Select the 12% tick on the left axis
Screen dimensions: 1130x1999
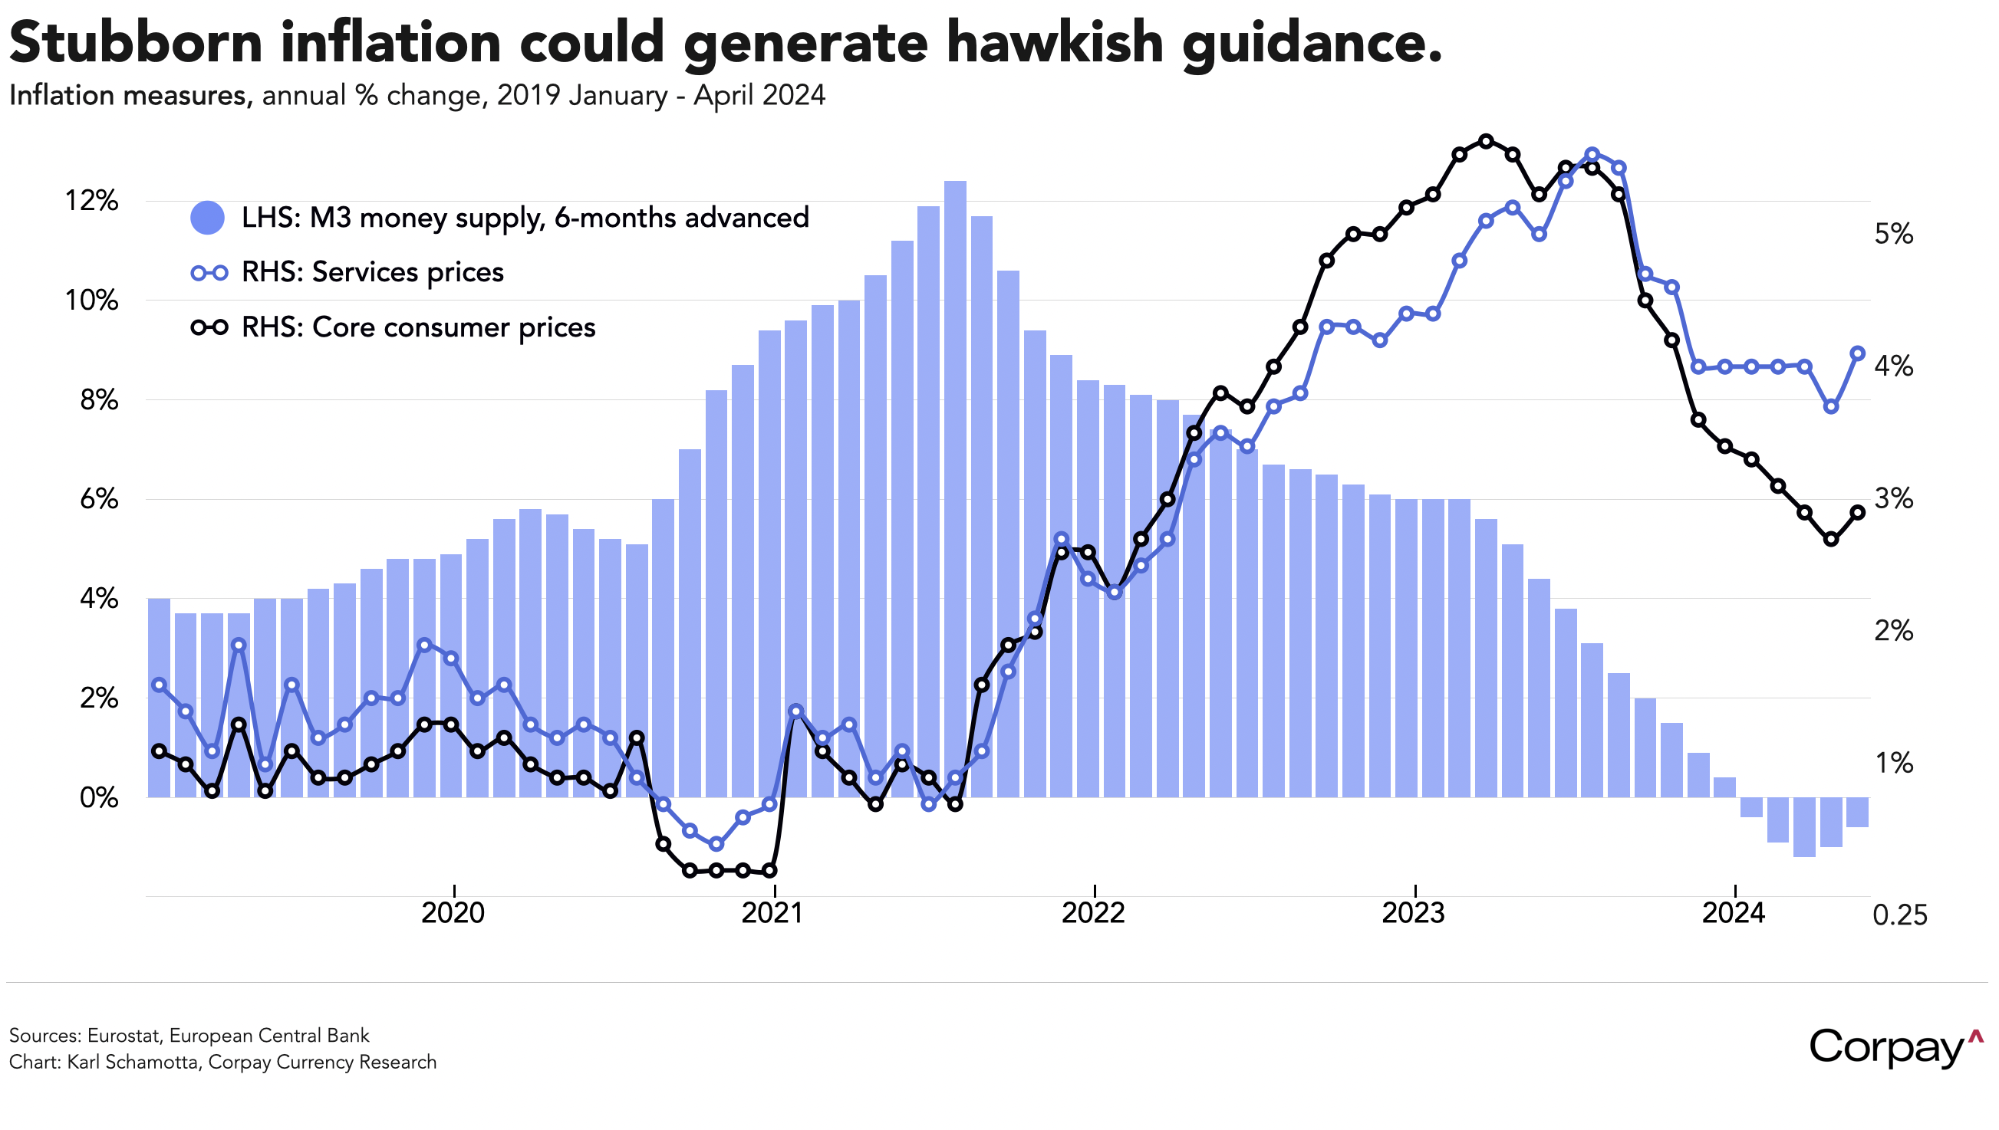(x=91, y=201)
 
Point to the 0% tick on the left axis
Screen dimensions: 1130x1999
(x=99, y=797)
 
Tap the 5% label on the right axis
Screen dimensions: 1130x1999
(x=1893, y=234)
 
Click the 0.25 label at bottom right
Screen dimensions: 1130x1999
(x=1899, y=916)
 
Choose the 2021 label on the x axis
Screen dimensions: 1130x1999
(x=773, y=913)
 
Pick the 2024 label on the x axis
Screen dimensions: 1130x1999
(x=1734, y=913)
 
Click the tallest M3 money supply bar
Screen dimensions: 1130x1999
(x=955, y=489)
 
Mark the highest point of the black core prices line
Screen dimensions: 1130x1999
(x=1486, y=141)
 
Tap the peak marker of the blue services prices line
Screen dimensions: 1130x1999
(x=1592, y=154)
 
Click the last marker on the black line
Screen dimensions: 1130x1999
(x=1858, y=512)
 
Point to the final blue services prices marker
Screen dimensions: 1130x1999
(x=1858, y=353)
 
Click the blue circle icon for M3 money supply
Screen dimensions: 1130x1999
(x=207, y=217)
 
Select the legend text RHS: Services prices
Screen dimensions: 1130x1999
(x=373, y=272)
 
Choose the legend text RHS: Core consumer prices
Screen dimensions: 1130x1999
(x=418, y=327)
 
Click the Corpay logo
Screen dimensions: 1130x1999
(x=1895, y=1048)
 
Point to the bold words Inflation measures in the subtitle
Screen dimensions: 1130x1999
(x=130, y=96)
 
